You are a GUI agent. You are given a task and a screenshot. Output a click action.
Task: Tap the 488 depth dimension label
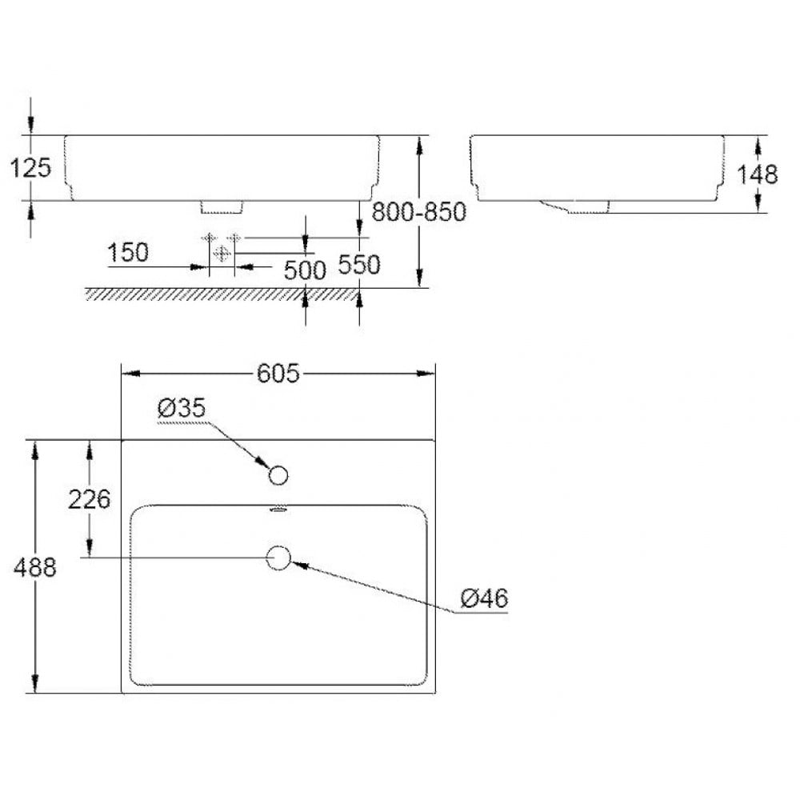point(34,567)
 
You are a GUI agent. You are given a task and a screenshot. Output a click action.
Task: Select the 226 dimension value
point(89,499)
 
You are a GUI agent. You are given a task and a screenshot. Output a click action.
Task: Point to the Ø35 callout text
point(182,408)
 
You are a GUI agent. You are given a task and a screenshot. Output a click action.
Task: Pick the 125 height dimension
point(31,167)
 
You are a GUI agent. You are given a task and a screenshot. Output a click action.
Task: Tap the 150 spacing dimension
point(127,252)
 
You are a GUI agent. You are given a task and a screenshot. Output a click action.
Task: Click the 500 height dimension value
point(305,270)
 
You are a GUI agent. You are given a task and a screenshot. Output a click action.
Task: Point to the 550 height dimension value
point(358,264)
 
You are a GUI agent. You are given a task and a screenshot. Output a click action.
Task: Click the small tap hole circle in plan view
point(278,476)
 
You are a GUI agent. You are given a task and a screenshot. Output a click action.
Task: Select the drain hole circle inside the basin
point(278,558)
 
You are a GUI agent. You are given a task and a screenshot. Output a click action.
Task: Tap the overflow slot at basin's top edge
point(278,509)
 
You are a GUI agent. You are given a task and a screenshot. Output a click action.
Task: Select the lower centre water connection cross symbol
point(222,253)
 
